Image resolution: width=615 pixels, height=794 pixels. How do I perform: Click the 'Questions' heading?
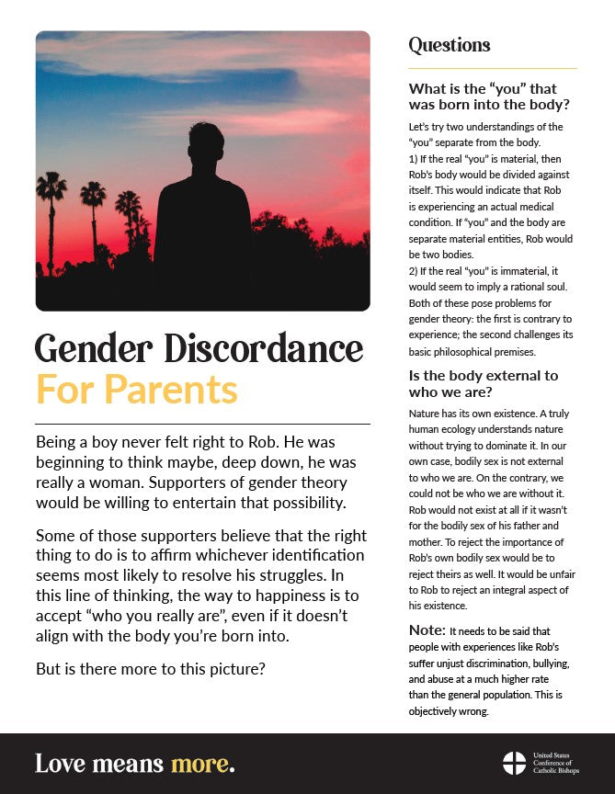point(450,46)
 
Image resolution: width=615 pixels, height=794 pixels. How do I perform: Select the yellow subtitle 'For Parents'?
point(136,389)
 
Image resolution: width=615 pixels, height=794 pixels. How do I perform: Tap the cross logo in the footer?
point(514,763)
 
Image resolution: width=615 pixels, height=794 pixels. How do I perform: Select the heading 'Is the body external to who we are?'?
point(483,384)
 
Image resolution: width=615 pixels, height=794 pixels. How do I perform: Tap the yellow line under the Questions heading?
point(493,68)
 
